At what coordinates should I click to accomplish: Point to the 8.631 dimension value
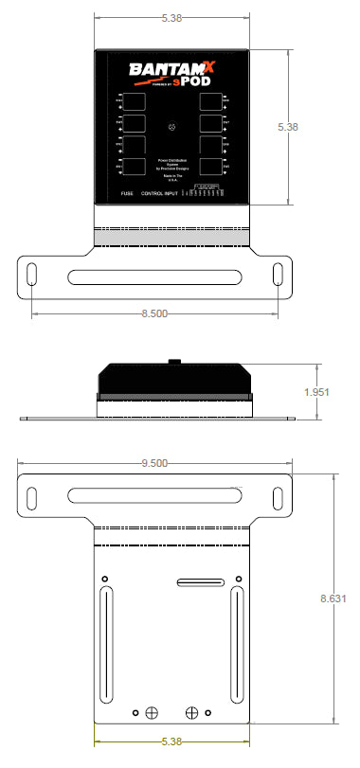pyautogui.click(x=334, y=598)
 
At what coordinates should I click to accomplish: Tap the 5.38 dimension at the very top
pyautogui.click(x=171, y=17)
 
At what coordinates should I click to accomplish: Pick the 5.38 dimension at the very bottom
pyautogui.click(x=171, y=741)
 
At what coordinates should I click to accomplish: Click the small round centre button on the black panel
pyautogui.click(x=171, y=128)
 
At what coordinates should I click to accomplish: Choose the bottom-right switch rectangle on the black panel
pyautogui.click(x=210, y=168)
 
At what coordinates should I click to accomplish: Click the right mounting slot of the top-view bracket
pyautogui.click(x=278, y=273)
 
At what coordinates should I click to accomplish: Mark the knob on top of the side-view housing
pyautogui.click(x=171, y=361)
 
